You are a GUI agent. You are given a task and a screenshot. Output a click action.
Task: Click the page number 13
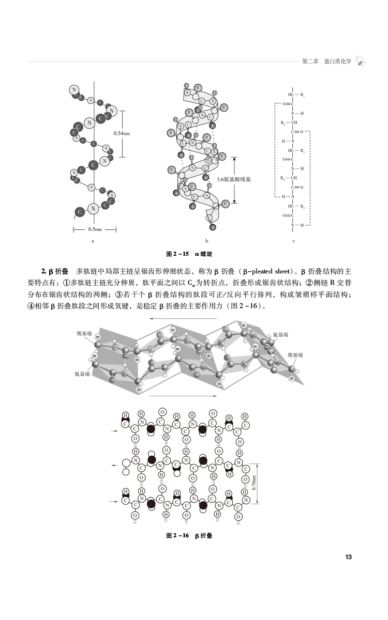pos(348,557)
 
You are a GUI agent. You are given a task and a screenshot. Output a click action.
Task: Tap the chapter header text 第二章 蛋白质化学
pos(326,61)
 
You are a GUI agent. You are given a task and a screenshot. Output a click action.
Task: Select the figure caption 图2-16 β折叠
pos(189,536)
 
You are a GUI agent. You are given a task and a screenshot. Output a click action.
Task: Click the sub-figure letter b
pos(206,241)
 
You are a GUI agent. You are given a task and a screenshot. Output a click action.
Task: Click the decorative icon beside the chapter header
pos(361,61)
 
